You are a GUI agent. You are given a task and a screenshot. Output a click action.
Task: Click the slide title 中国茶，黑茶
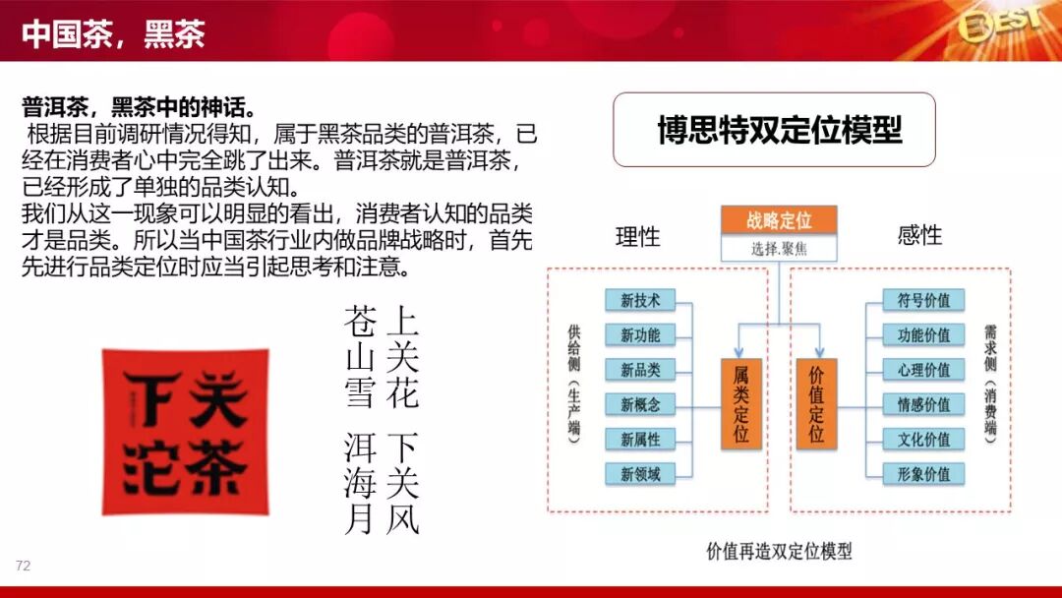(113, 35)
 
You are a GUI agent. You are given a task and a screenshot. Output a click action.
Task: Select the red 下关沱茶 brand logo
(185, 431)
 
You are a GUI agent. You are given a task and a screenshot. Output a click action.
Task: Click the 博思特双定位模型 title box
(774, 130)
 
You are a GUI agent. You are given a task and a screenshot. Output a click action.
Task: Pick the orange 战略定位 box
(778, 220)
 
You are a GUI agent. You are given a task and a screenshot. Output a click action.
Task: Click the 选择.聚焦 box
(778, 248)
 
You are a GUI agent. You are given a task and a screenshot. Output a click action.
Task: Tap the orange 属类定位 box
(741, 402)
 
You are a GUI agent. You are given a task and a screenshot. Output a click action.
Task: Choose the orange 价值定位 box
(816, 402)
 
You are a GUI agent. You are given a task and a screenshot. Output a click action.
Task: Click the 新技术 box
(640, 300)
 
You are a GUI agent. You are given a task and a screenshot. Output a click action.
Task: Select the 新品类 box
(640, 369)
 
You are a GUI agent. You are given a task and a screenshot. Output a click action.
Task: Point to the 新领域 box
(640, 473)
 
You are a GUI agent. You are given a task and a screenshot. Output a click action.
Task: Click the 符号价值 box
(916, 300)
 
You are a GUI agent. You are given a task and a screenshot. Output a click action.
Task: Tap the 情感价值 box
(916, 404)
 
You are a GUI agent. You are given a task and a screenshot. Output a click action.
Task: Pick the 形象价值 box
(916, 473)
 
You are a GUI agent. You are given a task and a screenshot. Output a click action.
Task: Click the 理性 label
(638, 236)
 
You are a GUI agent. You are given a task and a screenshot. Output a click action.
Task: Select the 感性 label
(919, 236)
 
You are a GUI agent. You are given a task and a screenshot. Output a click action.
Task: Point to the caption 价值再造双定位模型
(779, 551)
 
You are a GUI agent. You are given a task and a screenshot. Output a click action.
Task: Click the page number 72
(24, 566)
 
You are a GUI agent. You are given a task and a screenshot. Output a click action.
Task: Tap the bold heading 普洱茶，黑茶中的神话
(140, 106)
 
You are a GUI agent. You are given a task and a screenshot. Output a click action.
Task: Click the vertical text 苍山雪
(360, 355)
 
